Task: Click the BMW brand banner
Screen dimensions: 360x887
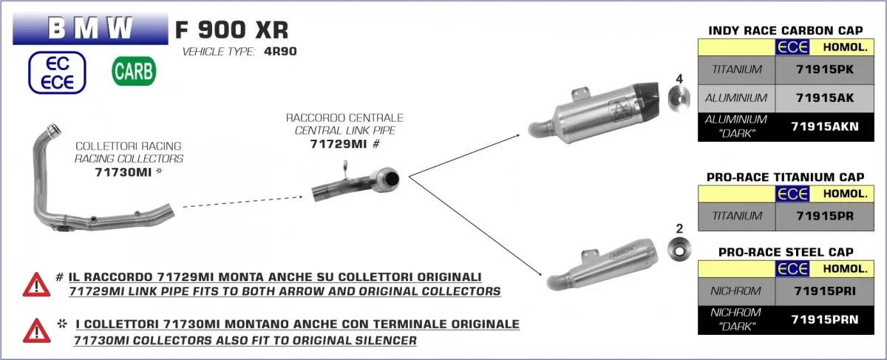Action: tap(90, 29)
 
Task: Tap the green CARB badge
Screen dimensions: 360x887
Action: tap(134, 72)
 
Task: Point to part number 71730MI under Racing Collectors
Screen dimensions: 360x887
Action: tap(124, 171)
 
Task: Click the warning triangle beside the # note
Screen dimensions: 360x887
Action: tap(35, 284)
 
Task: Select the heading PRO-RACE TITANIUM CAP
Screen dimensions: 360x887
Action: tap(785, 177)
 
